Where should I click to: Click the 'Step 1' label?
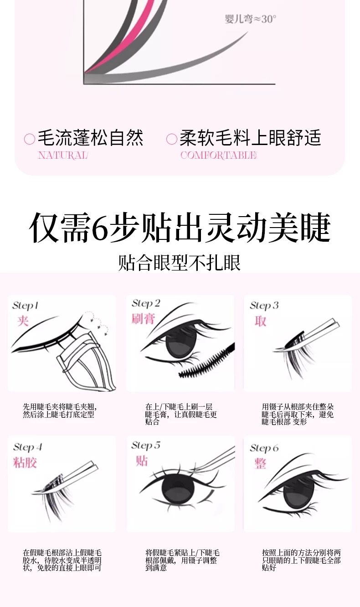pyautogui.click(x=25, y=306)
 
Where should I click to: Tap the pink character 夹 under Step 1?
pyautogui.click(x=23, y=321)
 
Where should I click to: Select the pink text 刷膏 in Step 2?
pyautogui.click(x=143, y=319)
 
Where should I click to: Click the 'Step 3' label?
pyautogui.click(x=264, y=306)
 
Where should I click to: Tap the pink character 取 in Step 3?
pyautogui.click(x=260, y=321)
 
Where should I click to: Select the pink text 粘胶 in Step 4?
pyautogui.click(x=25, y=462)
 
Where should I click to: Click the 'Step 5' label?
pyautogui.click(x=146, y=446)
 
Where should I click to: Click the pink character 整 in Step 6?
pyautogui.click(x=260, y=463)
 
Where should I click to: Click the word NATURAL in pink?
pyautogui.click(x=63, y=155)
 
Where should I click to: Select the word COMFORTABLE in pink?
pyautogui.click(x=218, y=155)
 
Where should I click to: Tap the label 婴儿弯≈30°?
pyautogui.click(x=250, y=19)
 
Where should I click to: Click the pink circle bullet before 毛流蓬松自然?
pyautogui.click(x=30, y=139)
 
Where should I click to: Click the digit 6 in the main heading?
pyautogui.click(x=100, y=228)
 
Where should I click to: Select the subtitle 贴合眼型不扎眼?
pyautogui.click(x=180, y=262)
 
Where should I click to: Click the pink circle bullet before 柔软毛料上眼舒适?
pyautogui.click(x=172, y=139)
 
